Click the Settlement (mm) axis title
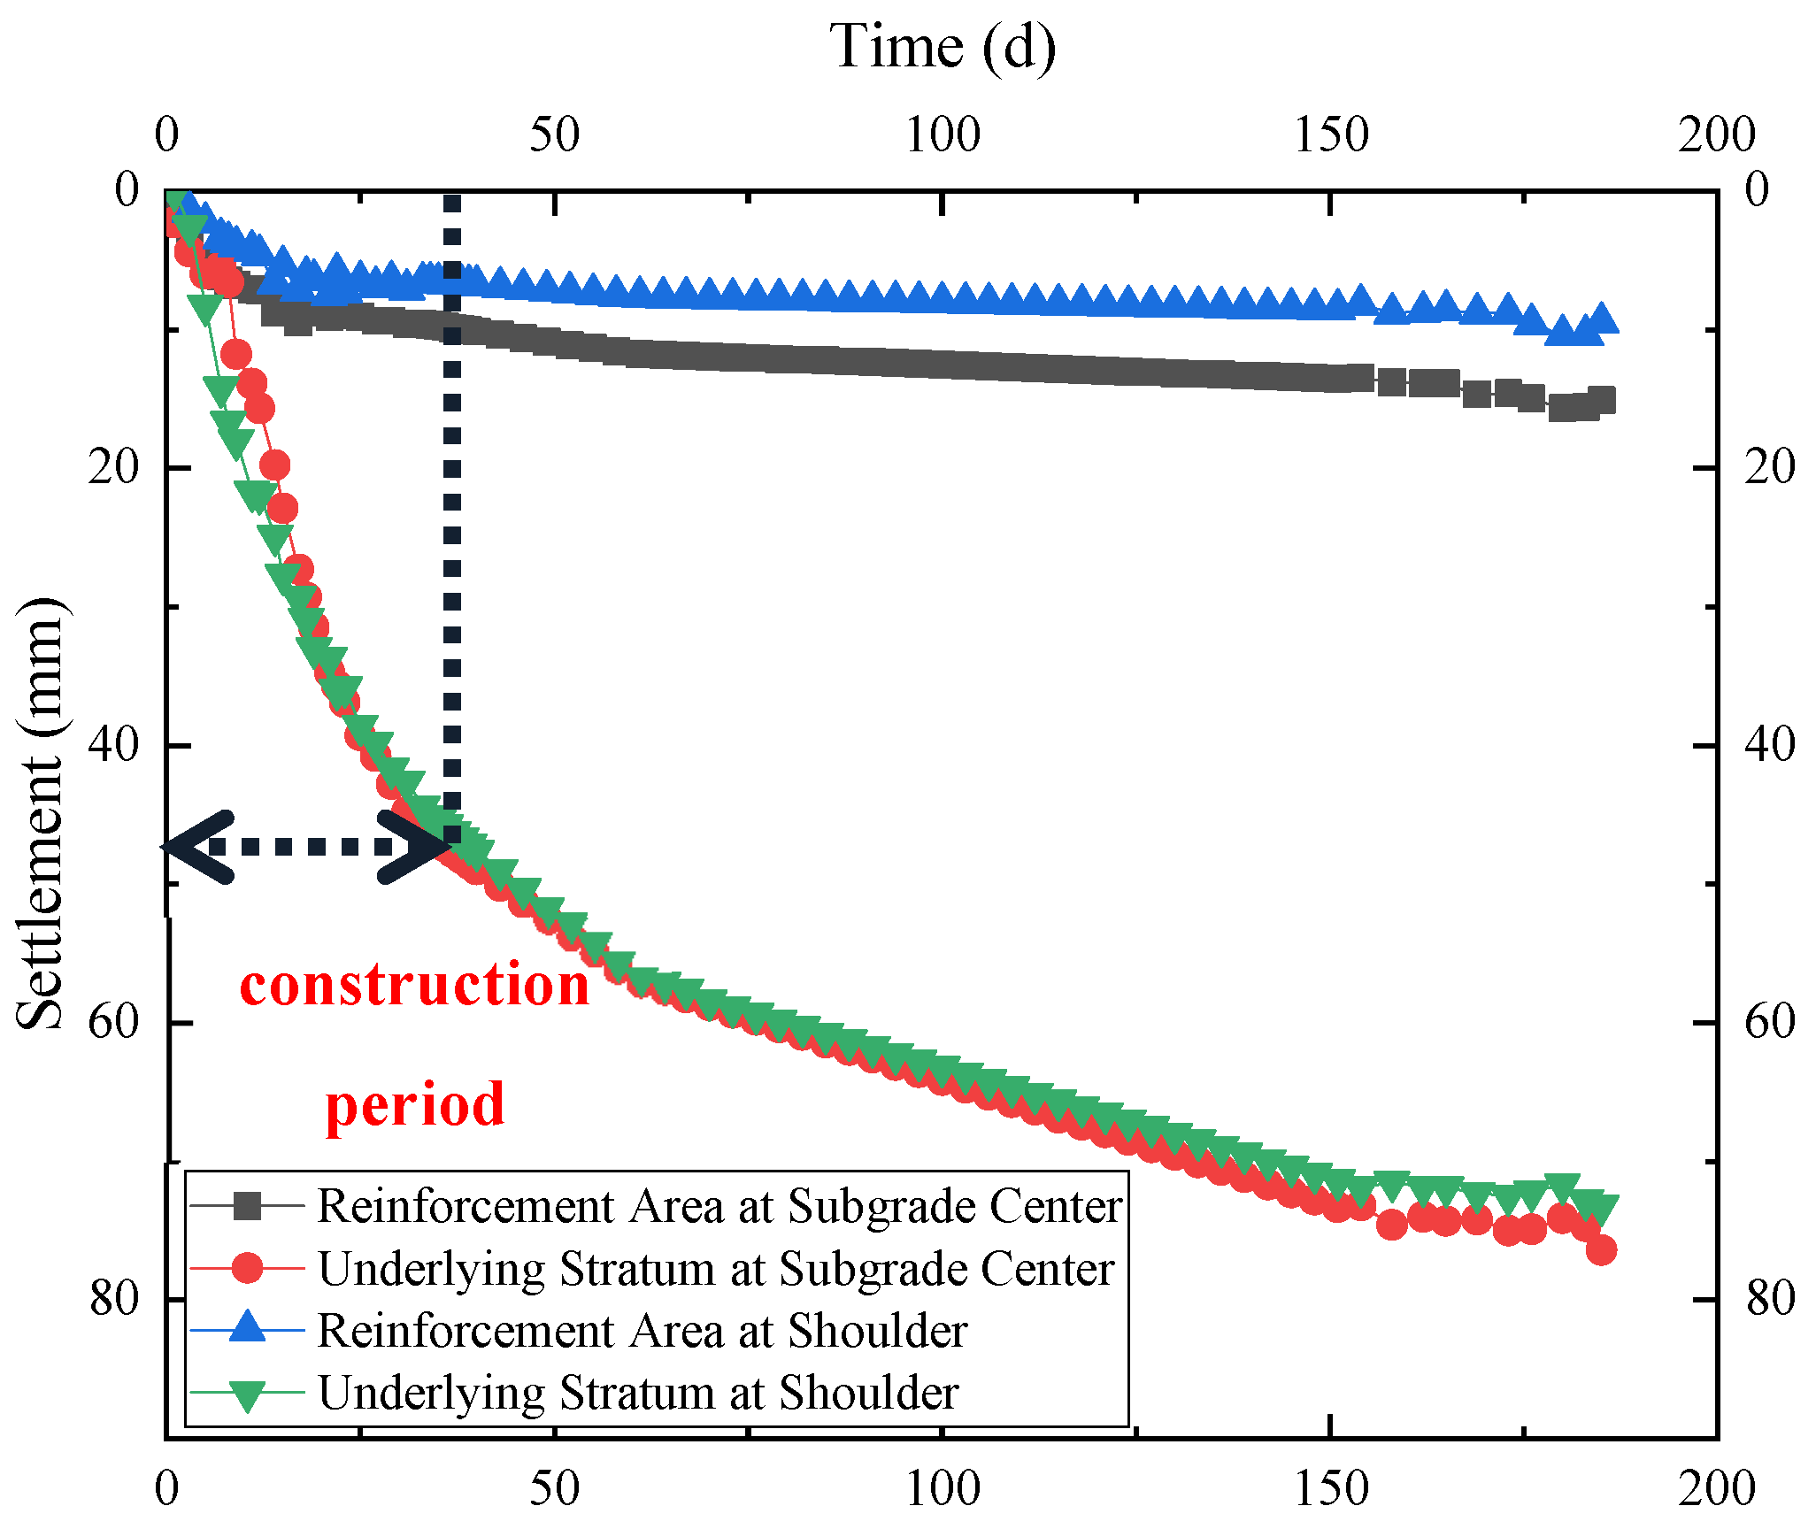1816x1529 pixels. click(40, 814)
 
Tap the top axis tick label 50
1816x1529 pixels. click(554, 134)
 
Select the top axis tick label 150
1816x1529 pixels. click(1330, 134)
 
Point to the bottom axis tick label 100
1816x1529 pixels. click(943, 1488)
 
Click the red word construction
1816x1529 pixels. click(414, 984)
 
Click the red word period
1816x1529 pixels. click(414, 1104)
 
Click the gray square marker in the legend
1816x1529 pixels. click(248, 1206)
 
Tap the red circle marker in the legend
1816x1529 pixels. click(248, 1268)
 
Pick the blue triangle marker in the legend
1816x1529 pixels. click(248, 1328)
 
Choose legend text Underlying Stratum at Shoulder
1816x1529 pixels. click(637, 1392)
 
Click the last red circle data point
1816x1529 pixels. click(1601, 1249)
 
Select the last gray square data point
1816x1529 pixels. click(1601, 400)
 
